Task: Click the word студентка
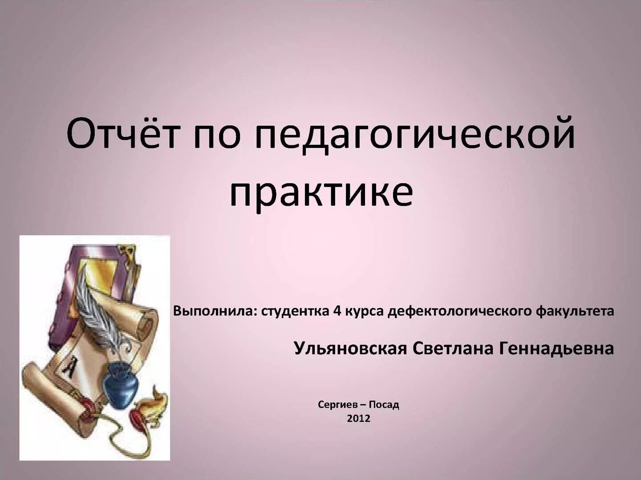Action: coord(295,311)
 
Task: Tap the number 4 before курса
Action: coord(337,311)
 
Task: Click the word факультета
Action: coord(575,311)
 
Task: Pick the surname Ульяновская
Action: coord(350,349)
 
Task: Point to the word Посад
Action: coord(384,405)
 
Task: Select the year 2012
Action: coord(358,418)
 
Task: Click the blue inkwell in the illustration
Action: coord(119,386)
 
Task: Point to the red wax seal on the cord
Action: coord(136,418)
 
